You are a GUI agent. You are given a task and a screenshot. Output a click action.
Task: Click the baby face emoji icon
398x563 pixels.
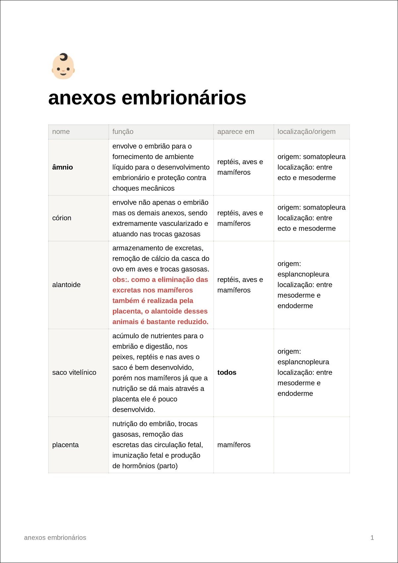(63, 66)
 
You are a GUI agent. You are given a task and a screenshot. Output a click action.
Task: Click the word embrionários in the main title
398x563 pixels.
(184, 98)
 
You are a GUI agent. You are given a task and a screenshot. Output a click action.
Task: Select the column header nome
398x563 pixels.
(61, 132)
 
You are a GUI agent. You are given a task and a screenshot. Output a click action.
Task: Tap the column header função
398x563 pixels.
(123, 132)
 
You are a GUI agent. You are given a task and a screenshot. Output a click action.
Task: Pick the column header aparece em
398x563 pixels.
(235, 132)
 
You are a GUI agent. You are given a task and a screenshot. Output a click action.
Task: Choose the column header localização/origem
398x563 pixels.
(306, 132)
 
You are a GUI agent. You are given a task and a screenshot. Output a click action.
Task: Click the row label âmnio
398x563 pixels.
(62, 167)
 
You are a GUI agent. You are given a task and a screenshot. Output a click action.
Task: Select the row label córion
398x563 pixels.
(62, 218)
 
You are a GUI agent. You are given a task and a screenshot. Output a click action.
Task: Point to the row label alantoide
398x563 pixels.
(66, 285)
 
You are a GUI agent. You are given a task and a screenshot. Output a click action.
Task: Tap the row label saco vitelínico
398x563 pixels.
(74, 372)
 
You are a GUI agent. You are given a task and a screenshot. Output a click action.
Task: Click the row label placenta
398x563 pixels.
(65, 445)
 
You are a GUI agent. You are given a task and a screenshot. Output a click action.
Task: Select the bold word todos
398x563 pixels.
(227, 372)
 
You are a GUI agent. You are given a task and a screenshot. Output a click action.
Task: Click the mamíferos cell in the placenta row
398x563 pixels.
(234, 445)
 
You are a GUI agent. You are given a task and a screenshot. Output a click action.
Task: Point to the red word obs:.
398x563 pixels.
(120, 280)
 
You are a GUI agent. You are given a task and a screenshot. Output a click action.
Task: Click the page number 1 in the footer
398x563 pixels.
(372, 538)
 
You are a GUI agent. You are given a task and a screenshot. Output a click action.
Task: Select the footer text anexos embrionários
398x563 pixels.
(55, 538)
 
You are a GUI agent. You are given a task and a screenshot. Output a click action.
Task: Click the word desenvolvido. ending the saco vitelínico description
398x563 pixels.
(134, 410)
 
